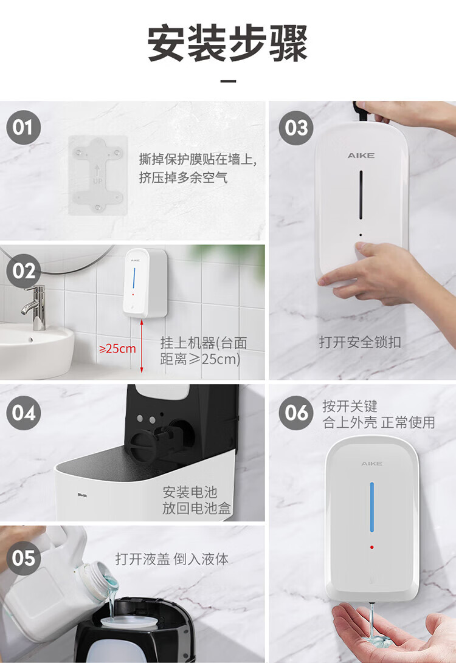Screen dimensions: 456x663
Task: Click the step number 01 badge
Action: pyautogui.click(x=23, y=127)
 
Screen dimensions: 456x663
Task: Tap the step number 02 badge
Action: pyautogui.click(x=23, y=271)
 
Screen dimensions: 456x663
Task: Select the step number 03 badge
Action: pyautogui.click(x=296, y=128)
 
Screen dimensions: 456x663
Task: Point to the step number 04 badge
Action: pyautogui.click(x=23, y=413)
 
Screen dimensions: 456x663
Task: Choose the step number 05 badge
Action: pyautogui.click(x=23, y=558)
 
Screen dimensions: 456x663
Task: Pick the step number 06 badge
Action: pyautogui.click(x=296, y=413)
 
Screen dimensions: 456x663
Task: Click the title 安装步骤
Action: pyautogui.click(x=227, y=44)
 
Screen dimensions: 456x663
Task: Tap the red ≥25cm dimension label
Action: pyautogui.click(x=117, y=349)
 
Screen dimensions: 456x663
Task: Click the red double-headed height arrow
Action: pyautogui.click(x=142, y=346)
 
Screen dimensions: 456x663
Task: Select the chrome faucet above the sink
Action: pyautogui.click(x=36, y=306)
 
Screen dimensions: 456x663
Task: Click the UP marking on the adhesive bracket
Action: pyautogui.click(x=97, y=181)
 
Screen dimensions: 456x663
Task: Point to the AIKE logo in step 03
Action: pyautogui.click(x=361, y=156)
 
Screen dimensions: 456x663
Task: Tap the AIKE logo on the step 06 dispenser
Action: pyautogui.click(x=372, y=464)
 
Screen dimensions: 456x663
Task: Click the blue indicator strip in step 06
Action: pyautogui.click(x=372, y=507)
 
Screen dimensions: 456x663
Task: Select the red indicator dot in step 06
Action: pyautogui.click(x=372, y=547)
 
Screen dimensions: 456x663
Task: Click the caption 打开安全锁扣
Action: pyautogui.click(x=360, y=342)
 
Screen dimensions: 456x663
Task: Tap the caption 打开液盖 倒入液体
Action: pyautogui.click(x=171, y=559)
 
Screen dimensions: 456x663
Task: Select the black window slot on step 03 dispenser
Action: pyautogui.click(x=361, y=194)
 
